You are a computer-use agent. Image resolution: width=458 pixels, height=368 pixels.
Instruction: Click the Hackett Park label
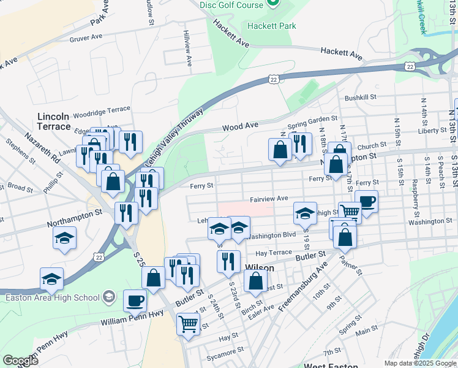[271, 26]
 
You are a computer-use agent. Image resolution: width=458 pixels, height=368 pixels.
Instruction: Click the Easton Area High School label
[52, 298]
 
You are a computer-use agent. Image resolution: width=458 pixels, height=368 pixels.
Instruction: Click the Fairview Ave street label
[268, 199]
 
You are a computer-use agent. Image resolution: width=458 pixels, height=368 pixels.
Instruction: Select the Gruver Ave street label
[86, 37]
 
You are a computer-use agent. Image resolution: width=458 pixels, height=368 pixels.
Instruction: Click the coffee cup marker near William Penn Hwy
[135, 301]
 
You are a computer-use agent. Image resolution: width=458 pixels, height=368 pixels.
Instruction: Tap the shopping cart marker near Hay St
[188, 323]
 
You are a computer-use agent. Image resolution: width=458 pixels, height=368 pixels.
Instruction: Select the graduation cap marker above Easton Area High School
[52, 278]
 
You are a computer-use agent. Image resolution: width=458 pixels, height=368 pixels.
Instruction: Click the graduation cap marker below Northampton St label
[64, 237]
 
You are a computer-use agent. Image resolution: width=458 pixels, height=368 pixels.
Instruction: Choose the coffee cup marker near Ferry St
[366, 202]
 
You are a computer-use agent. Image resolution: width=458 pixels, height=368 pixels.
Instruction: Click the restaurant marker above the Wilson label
[228, 261]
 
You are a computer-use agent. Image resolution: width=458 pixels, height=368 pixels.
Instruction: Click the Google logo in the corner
[21, 361]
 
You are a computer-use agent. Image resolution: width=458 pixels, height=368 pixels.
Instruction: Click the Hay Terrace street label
[273, 253]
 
